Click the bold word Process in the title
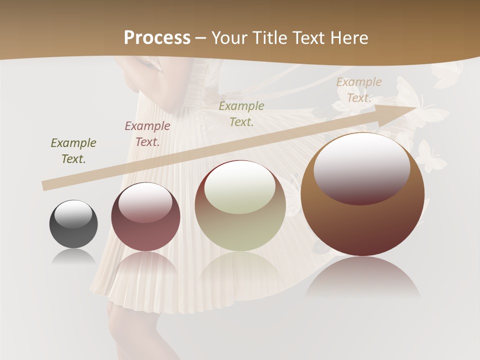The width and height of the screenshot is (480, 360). (x=157, y=37)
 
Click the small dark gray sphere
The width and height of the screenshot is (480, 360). (x=73, y=224)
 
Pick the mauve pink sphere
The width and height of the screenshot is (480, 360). (x=145, y=217)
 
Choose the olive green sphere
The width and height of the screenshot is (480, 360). (x=240, y=205)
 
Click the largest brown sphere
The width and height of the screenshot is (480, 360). (x=362, y=194)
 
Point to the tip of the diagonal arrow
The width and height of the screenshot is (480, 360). (x=415, y=106)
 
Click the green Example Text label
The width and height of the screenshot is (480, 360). (x=73, y=151)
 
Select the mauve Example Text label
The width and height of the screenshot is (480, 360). (x=147, y=134)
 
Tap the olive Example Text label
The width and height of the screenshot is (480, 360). (x=241, y=113)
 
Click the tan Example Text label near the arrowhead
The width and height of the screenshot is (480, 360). (x=359, y=90)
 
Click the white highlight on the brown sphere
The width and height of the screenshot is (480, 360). (x=361, y=167)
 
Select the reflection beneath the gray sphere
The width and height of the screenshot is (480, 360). (x=73, y=256)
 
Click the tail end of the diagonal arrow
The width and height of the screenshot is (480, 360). (x=44, y=186)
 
